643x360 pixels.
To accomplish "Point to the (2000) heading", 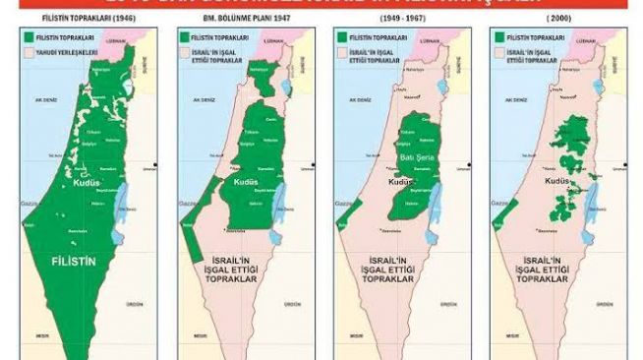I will pyautogui.click(x=559, y=20).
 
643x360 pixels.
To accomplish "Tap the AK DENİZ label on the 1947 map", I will pyautogui.click(x=204, y=99).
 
